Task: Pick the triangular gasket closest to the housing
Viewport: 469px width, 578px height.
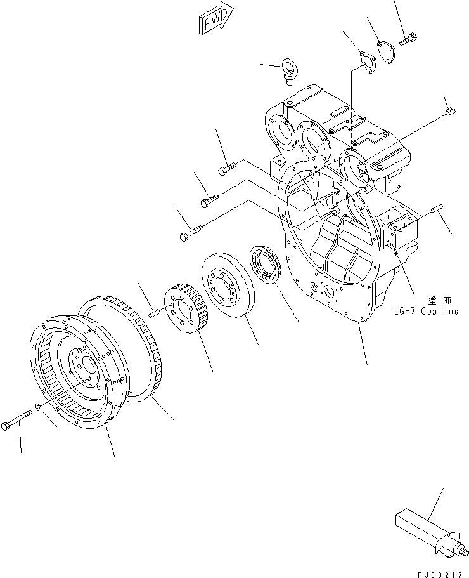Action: click(x=365, y=65)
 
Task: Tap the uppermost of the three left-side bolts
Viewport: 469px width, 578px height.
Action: click(x=227, y=168)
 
